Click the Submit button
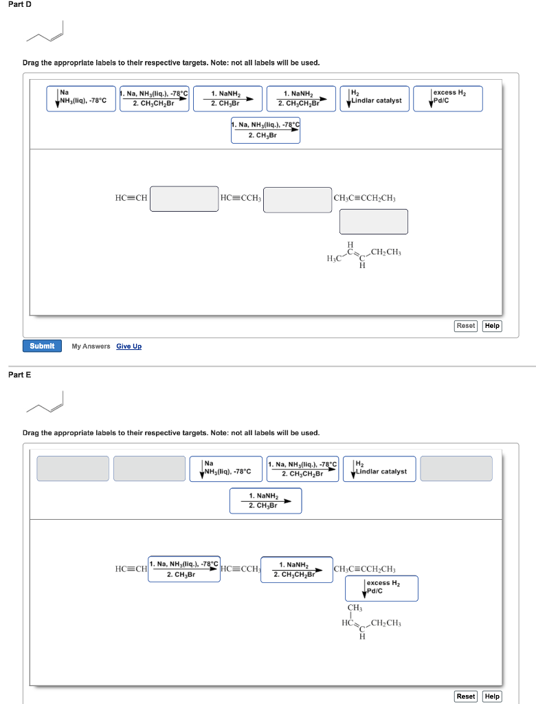point(42,346)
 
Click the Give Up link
point(129,346)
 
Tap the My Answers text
point(91,346)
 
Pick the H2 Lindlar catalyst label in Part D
point(375,98)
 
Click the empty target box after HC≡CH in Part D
point(183,199)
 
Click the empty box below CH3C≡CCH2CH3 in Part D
point(373,221)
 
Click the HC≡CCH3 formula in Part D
point(241,199)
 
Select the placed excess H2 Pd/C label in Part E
point(381,588)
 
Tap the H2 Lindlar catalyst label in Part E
point(380,468)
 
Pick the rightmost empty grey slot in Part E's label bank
point(456,468)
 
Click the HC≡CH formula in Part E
point(131,569)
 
